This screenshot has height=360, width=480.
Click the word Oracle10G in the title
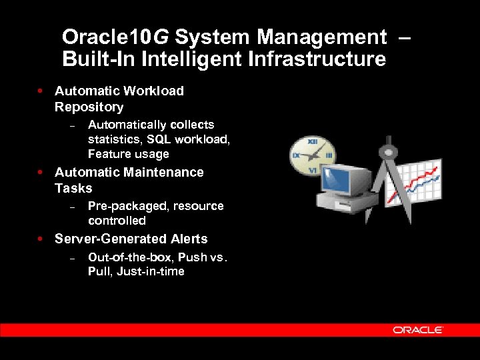point(115,37)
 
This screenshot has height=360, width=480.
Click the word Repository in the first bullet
point(89,107)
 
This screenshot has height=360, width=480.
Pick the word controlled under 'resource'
point(117,221)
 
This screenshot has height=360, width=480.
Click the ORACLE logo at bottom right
point(418,330)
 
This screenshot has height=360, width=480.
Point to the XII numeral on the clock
point(311,141)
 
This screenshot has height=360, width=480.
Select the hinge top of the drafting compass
point(387,142)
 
